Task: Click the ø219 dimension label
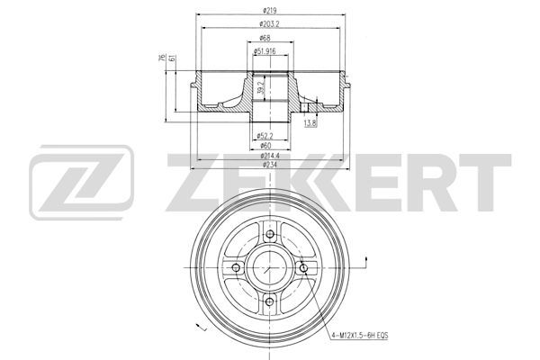point(270,11)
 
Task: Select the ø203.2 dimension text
point(270,24)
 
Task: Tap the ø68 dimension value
point(265,38)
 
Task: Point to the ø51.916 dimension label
point(265,51)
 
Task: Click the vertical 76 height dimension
point(162,58)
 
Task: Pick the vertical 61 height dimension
point(173,58)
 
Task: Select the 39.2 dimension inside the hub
point(261,87)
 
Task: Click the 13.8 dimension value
point(310,123)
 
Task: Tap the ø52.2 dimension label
point(265,136)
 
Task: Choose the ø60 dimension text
point(265,146)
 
